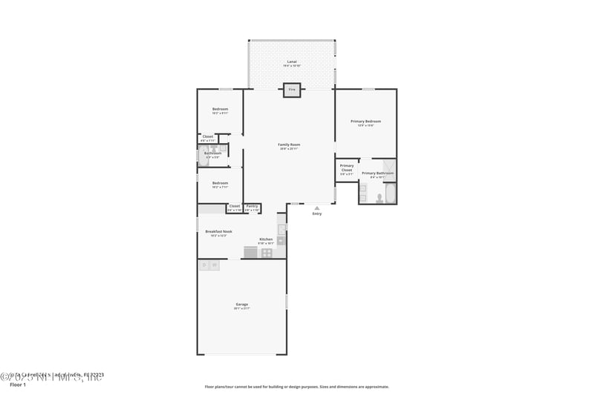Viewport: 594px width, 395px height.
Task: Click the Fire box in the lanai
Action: click(x=292, y=90)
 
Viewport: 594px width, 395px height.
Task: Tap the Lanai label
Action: click(x=292, y=62)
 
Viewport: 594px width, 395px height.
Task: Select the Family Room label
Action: click(x=289, y=145)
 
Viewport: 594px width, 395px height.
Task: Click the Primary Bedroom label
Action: click(x=365, y=122)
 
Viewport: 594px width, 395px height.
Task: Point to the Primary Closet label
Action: click(x=347, y=168)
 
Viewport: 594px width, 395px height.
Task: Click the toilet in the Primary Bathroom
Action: click(x=379, y=198)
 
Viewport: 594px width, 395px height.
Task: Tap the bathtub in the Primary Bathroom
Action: click(x=391, y=193)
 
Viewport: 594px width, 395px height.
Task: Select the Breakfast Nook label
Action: click(x=218, y=232)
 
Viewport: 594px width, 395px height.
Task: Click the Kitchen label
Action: click(x=265, y=239)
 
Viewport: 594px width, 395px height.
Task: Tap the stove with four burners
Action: click(x=267, y=253)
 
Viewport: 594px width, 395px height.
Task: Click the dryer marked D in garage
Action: click(x=204, y=265)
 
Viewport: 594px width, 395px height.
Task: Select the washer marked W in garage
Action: click(x=215, y=265)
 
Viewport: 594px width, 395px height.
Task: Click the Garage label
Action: click(x=242, y=304)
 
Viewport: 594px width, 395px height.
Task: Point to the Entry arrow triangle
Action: click(x=317, y=208)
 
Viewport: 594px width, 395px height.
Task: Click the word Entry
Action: click(x=317, y=214)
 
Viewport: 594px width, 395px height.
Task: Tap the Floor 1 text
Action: click(x=17, y=385)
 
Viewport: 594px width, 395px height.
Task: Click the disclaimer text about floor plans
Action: click(x=296, y=386)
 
